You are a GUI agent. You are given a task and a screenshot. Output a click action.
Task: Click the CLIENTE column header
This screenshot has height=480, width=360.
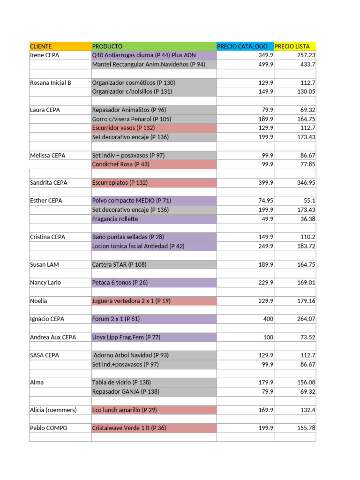tap(41, 46)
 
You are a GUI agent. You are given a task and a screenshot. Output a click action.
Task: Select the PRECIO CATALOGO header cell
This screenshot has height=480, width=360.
tap(242, 46)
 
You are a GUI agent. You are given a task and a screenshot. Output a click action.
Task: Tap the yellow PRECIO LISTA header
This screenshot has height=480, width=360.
tap(292, 46)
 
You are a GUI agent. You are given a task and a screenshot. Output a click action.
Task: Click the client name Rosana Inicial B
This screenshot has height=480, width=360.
tap(51, 82)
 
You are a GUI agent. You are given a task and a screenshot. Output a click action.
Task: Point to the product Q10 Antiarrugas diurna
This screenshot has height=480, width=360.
tap(144, 55)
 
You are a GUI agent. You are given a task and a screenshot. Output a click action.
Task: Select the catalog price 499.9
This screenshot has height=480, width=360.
tap(266, 64)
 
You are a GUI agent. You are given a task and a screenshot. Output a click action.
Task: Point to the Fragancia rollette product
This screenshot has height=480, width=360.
tap(115, 219)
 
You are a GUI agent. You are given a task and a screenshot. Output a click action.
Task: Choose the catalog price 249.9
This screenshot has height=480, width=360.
tap(266, 246)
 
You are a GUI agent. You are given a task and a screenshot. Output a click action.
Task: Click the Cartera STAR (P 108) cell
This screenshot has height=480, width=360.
tap(120, 264)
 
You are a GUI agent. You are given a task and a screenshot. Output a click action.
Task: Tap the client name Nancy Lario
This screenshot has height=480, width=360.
tap(45, 283)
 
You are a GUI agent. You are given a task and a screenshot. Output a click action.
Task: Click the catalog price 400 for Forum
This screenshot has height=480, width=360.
tap(268, 319)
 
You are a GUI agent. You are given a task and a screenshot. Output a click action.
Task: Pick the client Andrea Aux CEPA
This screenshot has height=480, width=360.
tap(53, 337)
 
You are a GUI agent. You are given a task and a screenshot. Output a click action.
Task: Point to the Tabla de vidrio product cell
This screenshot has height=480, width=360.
tap(121, 382)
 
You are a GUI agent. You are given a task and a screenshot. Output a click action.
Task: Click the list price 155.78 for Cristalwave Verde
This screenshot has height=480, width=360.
tap(306, 428)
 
